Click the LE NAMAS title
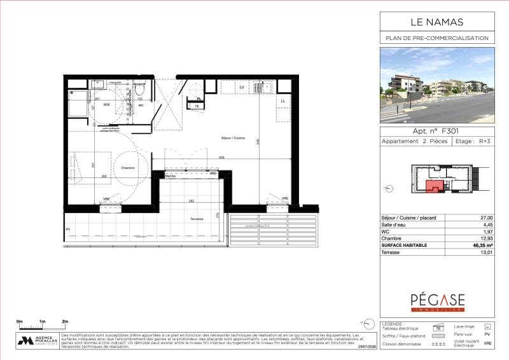coord(437,21)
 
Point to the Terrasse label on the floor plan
coord(197,219)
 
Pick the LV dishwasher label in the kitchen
coord(242,87)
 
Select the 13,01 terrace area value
coord(487,252)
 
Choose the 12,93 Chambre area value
coord(487,238)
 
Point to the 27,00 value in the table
coord(487,218)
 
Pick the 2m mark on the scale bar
coord(65,322)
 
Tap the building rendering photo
coord(437,85)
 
